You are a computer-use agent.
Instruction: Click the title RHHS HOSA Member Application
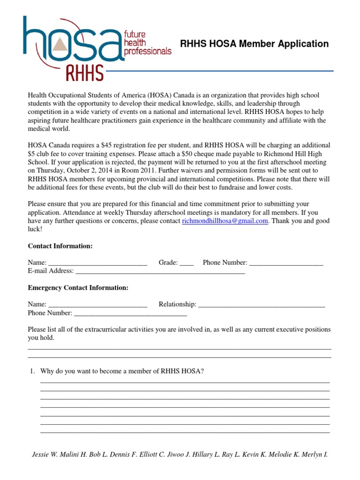point(254,44)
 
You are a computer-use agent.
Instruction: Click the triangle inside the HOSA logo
point(60,45)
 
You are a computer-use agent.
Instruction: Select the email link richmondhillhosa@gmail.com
point(225,221)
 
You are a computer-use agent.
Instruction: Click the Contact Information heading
point(60,246)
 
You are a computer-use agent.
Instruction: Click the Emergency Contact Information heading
point(78,288)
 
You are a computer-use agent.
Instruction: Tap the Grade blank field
point(187,263)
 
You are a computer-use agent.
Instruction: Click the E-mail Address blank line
point(160,271)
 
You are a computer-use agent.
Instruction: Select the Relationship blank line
point(262,305)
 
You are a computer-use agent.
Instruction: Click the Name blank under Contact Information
point(97,263)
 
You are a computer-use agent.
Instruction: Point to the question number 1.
point(32,371)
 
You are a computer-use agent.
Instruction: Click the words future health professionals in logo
point(147,43)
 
